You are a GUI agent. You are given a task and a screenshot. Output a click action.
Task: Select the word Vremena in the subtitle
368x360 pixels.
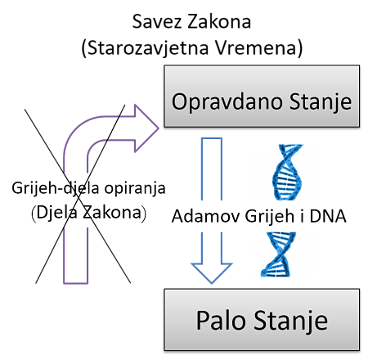point(255,47)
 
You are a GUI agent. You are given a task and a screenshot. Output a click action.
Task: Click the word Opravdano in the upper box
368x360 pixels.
point(227,102)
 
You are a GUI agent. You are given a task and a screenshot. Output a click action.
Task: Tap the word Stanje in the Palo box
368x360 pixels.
point(291,321)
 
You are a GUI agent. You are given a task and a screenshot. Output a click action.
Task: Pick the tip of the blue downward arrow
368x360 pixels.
point(212,283)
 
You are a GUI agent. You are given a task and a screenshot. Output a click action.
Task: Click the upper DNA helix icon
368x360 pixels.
point(288,172)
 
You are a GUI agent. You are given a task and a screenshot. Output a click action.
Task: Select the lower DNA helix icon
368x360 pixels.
point(278,254)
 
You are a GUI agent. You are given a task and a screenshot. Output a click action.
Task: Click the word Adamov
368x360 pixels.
point(206,216)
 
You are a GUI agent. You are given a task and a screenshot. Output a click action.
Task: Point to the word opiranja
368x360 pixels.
point(135,188)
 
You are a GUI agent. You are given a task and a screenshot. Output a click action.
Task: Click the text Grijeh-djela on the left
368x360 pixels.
point(56,188)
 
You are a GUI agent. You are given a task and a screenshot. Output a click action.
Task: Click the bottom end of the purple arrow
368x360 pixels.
point(75,283)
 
